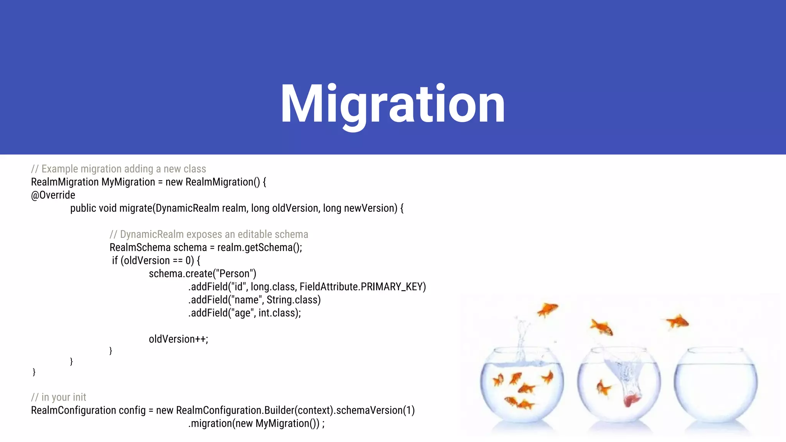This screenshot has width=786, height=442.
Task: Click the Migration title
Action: tap(393, 104)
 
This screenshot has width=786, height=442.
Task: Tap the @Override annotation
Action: tap(53, 195)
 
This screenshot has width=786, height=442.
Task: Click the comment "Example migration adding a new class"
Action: tap(119, 169)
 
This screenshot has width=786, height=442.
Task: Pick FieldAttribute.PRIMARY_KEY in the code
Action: tap(362, 287)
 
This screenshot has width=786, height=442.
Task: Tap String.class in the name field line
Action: tap(293, 300)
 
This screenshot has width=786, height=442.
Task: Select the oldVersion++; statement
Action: tap(178, 339)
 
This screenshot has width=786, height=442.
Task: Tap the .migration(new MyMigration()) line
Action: tap(256, 424)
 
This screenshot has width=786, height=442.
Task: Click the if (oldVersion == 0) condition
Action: tap(156, 261)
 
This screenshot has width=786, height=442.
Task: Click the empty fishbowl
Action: tap(715, 388)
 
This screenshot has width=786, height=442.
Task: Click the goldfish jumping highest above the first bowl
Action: tap(548, 309)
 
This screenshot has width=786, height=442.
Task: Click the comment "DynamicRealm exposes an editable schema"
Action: tap(209, 234)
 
